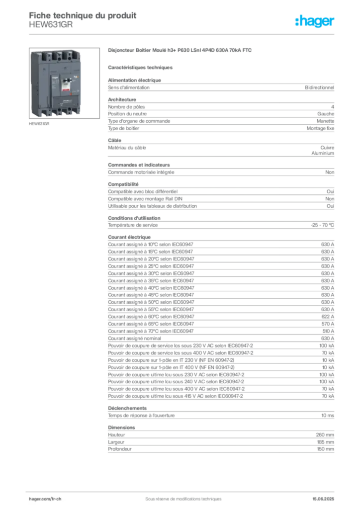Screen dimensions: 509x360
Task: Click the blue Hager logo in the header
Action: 316,21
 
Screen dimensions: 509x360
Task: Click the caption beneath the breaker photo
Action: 40,124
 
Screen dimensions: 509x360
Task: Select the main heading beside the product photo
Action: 181,51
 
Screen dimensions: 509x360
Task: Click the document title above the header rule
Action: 83,13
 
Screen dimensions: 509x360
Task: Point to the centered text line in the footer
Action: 180,496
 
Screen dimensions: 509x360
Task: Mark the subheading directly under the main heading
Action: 141,67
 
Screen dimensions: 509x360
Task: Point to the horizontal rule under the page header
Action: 206,33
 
